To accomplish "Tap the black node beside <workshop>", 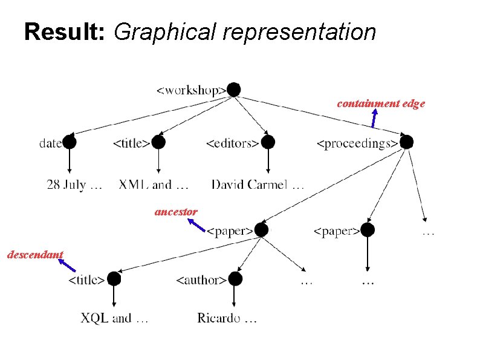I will pos(233,90).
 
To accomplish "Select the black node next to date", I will pos(70,142).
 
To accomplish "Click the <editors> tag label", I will pos(233,143).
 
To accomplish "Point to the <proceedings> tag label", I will pos(357,143).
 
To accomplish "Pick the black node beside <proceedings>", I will pos(406,142).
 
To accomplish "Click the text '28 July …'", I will pos(74,184).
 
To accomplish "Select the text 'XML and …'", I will pos(154,184).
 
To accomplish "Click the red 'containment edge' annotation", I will pos(381,103).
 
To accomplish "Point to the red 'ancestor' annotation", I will pos(176,212).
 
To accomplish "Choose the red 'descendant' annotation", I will pos(35,255).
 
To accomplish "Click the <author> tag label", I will pos(201,280).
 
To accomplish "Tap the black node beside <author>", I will pos(235,278).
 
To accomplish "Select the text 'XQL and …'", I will pos(115,318).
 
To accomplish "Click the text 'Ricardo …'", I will pos(227,318).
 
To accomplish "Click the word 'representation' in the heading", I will pos(299,31).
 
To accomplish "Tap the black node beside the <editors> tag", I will pos(268,142).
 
